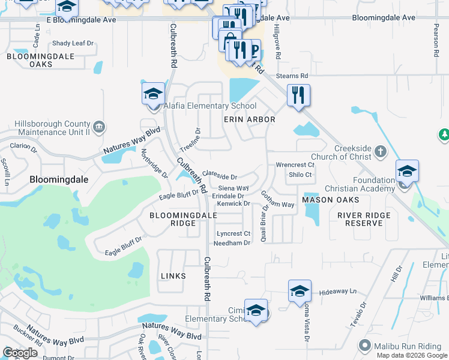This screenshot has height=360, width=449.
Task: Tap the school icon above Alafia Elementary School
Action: click(153, 94)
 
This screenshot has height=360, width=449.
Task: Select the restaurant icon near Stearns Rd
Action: click(298, 95)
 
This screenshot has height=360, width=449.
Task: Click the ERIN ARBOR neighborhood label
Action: click(250, 119)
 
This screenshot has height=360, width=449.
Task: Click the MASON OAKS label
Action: click(330, 200)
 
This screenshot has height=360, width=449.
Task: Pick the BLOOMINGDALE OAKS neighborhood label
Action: click(40, 60)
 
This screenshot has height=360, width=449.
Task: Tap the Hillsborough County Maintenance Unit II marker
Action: click(100, 127)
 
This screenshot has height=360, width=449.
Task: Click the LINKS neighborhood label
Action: click(173, 276)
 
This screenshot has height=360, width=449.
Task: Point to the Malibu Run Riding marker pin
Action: click(364, 345)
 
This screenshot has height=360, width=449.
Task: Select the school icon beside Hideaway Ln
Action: click(300, 292)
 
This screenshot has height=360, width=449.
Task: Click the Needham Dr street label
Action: click(232, 243)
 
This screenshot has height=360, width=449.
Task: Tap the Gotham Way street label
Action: click(277, 200)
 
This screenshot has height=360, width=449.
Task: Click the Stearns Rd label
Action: click(292, 76)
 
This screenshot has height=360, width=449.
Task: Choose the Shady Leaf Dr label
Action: click(73, 43)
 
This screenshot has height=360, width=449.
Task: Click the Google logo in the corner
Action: click(21, 353)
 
